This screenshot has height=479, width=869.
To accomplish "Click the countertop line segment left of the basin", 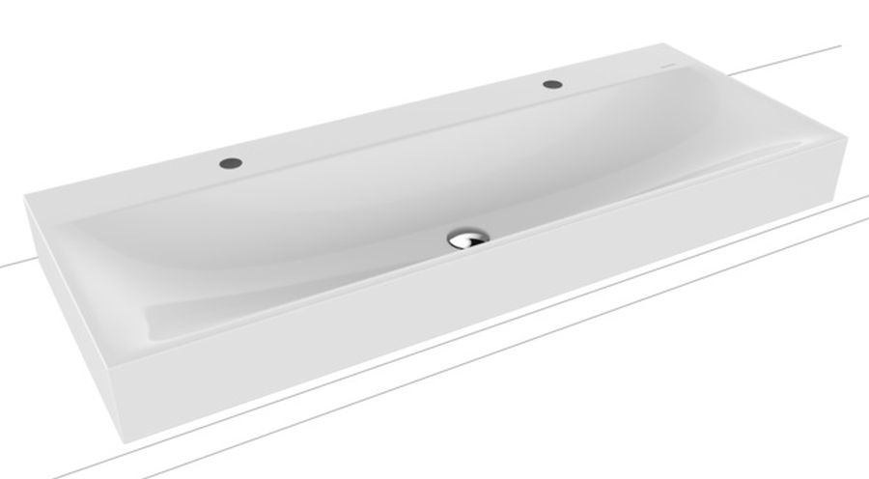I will pyautogui.click(x=12, y=261).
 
